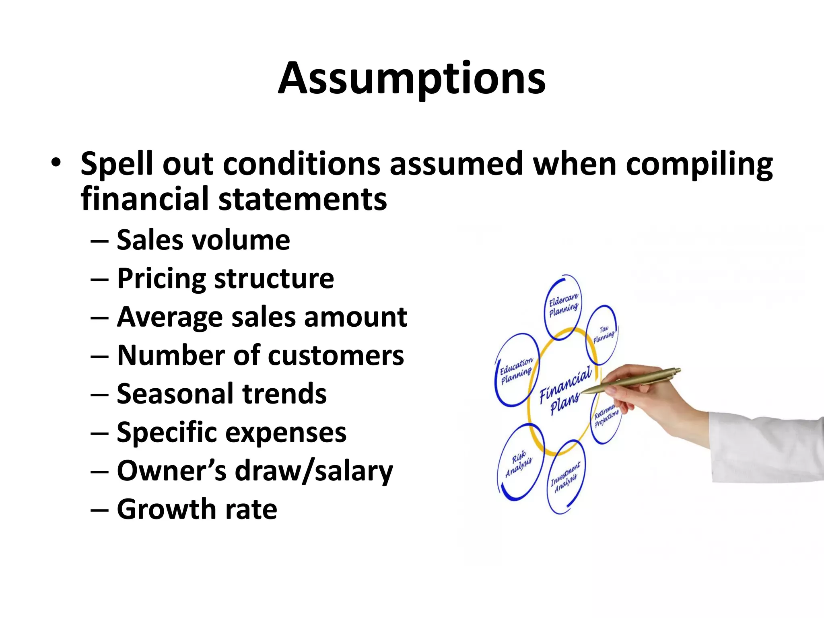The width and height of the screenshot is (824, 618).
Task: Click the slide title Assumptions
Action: [x=412, y=78]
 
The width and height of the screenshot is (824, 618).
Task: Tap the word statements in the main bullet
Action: [x=303, y=199]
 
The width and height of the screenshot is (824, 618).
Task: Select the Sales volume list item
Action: [x=203, y=240]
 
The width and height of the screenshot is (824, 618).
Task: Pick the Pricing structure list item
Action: [x=225, y=278]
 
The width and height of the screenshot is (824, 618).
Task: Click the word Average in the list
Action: [x=169, y=317]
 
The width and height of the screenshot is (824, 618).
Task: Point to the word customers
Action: [x=336, y=356]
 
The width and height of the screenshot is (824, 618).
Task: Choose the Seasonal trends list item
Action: [x=221, y=394]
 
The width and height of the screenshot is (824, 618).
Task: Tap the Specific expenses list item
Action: [x=231, y=433]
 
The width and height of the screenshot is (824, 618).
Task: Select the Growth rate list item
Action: [x=197, y=509]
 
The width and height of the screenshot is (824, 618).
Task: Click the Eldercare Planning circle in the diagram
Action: [x=563, y=307]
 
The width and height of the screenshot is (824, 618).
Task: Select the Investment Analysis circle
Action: [x=566, y=477]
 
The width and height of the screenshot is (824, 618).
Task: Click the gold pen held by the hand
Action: [x=636, y=379]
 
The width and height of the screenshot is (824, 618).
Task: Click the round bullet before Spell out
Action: [x=56, y=163]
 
